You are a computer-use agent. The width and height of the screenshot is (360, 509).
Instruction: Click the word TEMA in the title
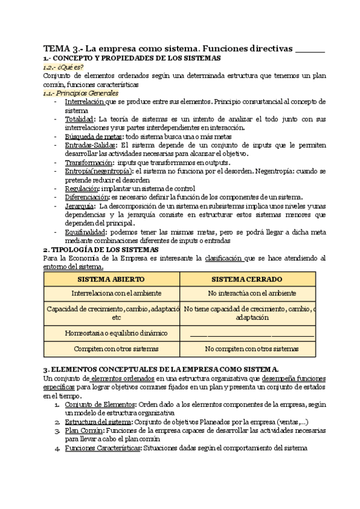click(56, 48)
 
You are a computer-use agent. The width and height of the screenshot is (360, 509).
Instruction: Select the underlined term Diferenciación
click(86, 197)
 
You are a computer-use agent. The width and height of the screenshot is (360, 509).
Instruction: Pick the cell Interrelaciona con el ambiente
click(112, 294)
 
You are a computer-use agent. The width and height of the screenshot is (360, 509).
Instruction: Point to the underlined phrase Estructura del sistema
click(94, 423)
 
